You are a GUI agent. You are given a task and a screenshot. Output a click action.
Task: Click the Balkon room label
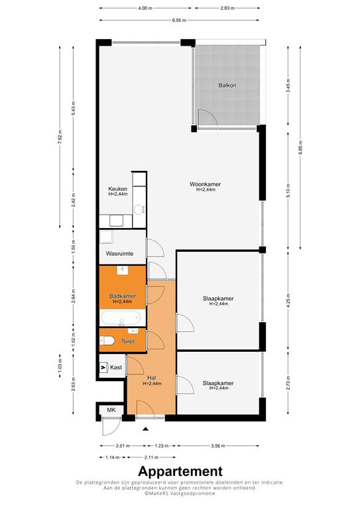(227, 85)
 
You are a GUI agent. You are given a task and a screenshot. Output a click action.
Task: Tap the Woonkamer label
(205, 184)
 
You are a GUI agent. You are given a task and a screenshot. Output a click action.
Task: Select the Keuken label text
(117, 189)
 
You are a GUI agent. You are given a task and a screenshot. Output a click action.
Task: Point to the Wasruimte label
(120, 254)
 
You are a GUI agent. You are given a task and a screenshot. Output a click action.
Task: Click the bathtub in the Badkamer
(121, 318)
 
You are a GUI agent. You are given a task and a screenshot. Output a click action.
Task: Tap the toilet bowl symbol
(107, 341)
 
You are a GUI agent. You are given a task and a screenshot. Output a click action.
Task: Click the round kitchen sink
(140, 209)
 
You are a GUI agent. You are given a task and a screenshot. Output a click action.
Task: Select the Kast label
(116, 367)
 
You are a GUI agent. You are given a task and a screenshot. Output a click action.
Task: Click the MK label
(111, 410)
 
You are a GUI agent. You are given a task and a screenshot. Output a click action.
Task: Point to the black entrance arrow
(145, 429)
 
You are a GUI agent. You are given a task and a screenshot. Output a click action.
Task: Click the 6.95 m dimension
(179, 20)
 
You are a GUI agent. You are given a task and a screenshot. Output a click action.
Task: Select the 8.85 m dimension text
(300, 147)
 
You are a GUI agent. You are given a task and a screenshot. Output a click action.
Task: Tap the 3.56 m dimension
(218, 445)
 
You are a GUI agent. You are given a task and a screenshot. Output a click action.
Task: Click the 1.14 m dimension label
(113, 457)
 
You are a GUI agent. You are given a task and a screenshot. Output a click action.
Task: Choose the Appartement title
(180, 471)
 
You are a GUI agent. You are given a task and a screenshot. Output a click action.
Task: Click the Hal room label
(152, 378)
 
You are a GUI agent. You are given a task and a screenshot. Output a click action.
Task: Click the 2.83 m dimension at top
(227, 9)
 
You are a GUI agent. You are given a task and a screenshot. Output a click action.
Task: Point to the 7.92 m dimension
(60, 137)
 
